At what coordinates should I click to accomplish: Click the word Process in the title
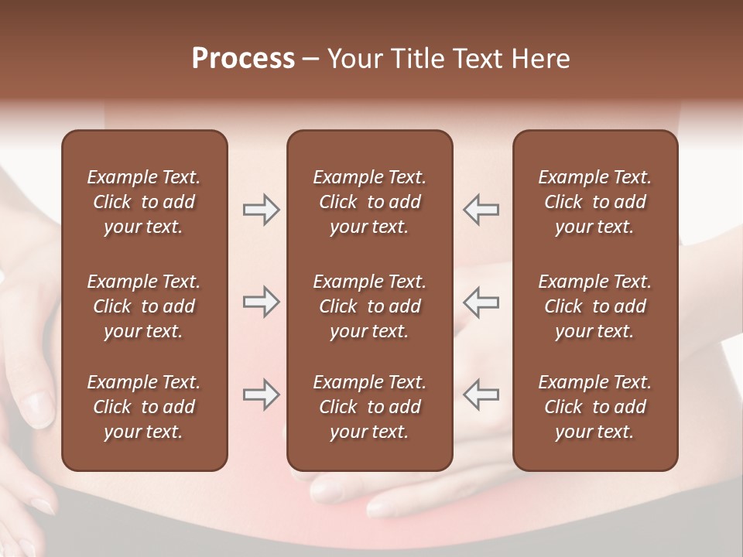coord(243,59)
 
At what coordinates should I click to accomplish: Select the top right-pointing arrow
coord(261,210)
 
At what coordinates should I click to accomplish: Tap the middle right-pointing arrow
coord(261,302)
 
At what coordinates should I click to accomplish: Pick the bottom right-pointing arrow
coord(261,395)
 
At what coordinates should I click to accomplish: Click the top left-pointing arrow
coord(481,210)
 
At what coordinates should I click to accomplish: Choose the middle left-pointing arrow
coord(481,302)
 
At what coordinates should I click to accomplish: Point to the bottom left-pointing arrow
coord(481,395)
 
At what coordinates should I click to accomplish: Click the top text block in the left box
coord(144,202)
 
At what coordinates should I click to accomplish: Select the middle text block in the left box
coord(144,306)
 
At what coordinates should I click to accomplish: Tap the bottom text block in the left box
coord(144,407)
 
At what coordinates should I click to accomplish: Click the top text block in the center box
coord(369,202)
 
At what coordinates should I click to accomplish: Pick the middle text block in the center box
coord(369,306)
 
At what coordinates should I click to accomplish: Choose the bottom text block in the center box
coord(369,407)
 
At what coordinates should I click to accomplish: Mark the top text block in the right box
coord(594,202)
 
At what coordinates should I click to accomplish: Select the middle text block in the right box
coord(594,306)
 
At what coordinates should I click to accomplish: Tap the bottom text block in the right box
coord(594,407)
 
